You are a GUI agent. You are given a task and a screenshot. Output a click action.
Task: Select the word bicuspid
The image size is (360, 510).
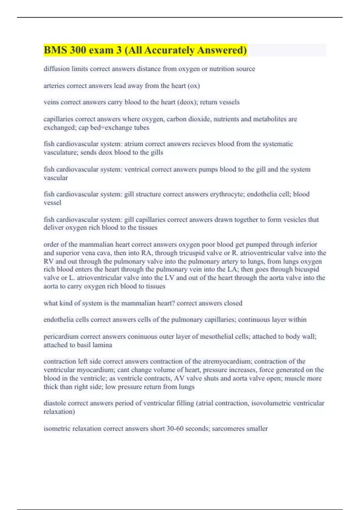pyautogui.click(x=307, y=269)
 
